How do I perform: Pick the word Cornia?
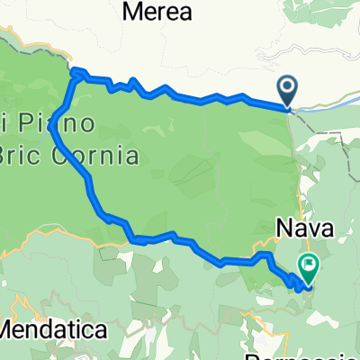104,156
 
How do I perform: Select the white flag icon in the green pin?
310,265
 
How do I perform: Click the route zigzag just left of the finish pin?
294,283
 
